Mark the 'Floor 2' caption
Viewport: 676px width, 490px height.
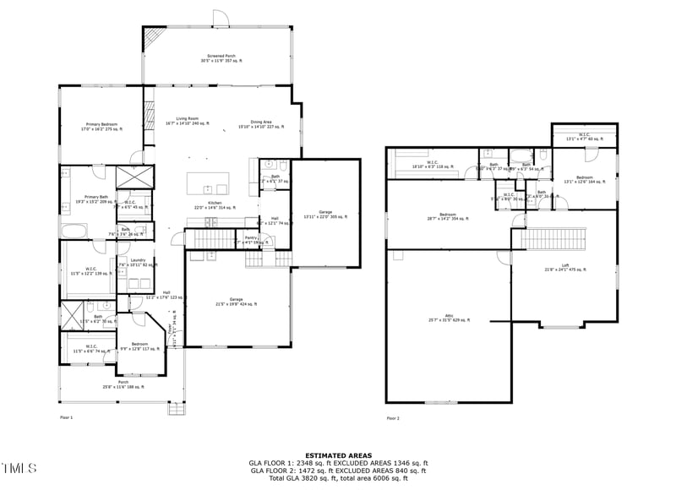tap(393, 418)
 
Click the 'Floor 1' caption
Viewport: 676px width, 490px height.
tap(66, 418)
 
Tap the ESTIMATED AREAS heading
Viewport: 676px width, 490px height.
tap(338, 455)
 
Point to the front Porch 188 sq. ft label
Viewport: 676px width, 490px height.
tap(123, 384)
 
